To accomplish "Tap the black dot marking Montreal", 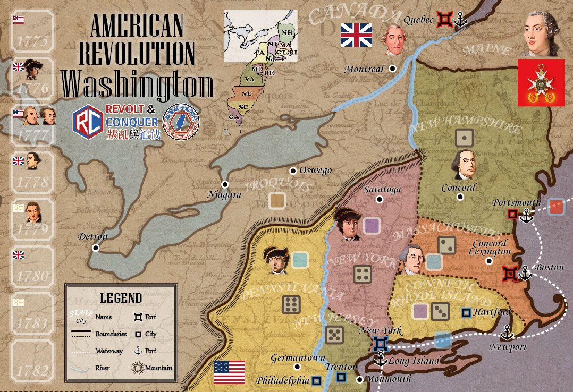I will coord(392,69).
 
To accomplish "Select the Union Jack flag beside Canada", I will coord(356,35).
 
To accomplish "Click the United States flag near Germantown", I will coord(229,372).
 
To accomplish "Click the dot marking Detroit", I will coord(96,248).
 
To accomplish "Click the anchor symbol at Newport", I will coord(508,333).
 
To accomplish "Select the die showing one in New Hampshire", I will coord(465,138).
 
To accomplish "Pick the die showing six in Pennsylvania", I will coord(291,304).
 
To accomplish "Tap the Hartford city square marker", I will coord(466,312).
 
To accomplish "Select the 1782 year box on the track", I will coord(33,366).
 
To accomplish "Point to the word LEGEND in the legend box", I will coord(121,298).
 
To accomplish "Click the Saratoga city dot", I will coord(380,200).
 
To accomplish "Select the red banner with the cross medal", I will coord(541,82).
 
